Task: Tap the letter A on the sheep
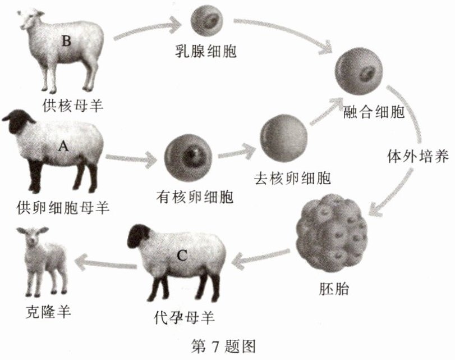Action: click(63, 147)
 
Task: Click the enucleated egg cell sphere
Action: click(283, 138)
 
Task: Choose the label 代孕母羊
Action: click(183, 316)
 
